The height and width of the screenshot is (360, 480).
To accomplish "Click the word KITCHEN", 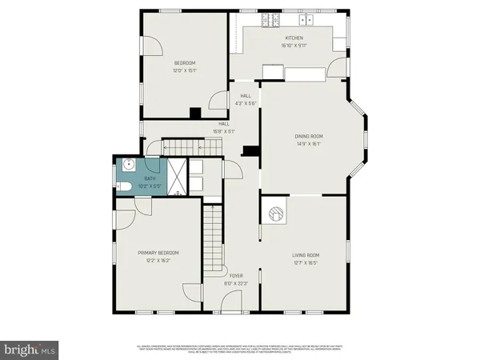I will coord(294,38).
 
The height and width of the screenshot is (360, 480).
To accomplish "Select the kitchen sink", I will coord(305,18).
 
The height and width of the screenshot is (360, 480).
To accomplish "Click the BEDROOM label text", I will coord(185,63).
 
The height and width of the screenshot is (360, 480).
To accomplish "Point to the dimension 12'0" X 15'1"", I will coord(185,70).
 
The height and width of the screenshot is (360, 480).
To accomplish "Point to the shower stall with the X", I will coord(177,174).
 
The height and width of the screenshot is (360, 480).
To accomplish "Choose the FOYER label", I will coord(235,275).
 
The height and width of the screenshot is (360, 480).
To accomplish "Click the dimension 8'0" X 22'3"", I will coord(235,283).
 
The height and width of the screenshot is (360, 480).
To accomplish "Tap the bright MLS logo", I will coord(30,350).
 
